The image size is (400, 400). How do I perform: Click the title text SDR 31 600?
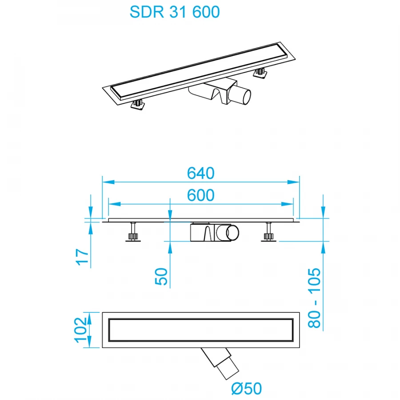click(175, 12)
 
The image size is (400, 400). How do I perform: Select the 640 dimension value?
click(200, 173)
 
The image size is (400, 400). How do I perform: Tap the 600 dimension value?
click(200, 195)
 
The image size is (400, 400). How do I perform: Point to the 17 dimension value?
click(83, 256)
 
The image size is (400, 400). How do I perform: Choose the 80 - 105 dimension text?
click(315, 297)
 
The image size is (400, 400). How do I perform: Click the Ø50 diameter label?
click(246, 389)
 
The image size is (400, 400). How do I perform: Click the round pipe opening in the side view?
click(232, 234)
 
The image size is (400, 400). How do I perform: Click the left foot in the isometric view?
click(137, 104)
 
